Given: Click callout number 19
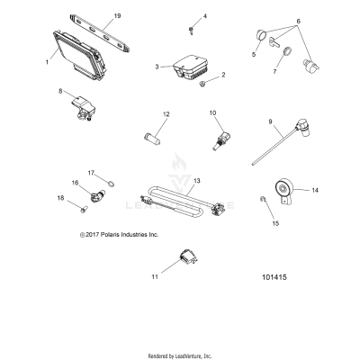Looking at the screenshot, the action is coord(117,15).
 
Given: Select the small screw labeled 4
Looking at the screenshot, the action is coord(191,31).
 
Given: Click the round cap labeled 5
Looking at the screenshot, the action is coord(261,35).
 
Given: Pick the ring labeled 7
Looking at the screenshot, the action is coord(287,51).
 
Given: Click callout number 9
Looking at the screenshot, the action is coord(270,121).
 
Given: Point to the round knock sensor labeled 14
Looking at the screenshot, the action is coord(283,191).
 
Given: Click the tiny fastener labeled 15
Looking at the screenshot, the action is coord(262,198).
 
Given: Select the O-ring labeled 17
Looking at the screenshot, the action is coord(111,184).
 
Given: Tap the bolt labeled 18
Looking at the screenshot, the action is coord(84,209).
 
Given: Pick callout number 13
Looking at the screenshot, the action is coord(197,181).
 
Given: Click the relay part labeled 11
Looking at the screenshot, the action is coord(188,257).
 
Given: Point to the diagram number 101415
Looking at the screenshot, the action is coord(274,277).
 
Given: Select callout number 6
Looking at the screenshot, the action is coord(298,22).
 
